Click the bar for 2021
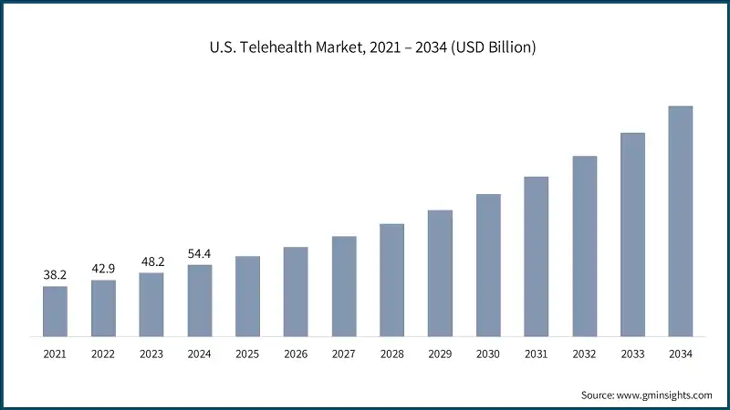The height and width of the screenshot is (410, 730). [55, 311]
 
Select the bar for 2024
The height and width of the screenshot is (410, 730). [200, 300]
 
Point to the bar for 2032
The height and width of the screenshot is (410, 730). [585, 245]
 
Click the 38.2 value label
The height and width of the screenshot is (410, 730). [55, 274]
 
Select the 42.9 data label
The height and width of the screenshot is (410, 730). [103, 269]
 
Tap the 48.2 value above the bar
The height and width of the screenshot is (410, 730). [151, 261]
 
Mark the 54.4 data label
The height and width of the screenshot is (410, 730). [200, 253]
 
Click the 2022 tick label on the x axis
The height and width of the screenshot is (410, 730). [103, 354]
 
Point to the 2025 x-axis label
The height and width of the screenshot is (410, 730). [247, 354]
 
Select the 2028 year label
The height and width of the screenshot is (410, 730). [391, 354]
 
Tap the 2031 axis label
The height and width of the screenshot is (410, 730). [537, 354]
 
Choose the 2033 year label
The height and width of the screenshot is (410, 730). [632, 354]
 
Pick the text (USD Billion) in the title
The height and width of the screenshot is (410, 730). [493, 46]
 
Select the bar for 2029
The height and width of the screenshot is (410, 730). [440, 272]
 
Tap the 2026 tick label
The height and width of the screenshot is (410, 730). [296, 354]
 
